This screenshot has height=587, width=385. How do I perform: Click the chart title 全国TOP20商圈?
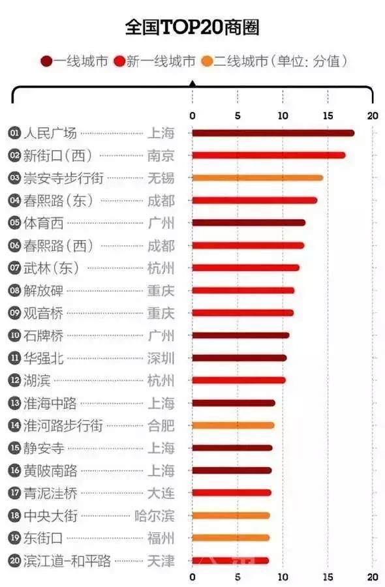192,28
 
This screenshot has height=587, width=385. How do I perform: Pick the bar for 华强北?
239,357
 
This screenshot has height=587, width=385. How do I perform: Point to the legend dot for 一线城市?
47,62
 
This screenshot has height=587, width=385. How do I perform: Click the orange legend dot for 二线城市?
206,62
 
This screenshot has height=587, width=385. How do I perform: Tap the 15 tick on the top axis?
328,115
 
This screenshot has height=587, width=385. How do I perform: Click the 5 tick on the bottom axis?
238,577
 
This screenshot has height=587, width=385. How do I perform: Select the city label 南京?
161,156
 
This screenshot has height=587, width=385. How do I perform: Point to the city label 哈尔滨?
154,516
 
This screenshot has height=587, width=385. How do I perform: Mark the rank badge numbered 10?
14,335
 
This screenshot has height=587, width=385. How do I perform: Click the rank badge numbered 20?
14,561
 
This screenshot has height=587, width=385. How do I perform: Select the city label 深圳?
161,358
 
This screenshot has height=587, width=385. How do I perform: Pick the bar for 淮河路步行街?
233,425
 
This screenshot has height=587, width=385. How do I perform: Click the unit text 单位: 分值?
311,62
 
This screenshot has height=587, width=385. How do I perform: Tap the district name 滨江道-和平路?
67,561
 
